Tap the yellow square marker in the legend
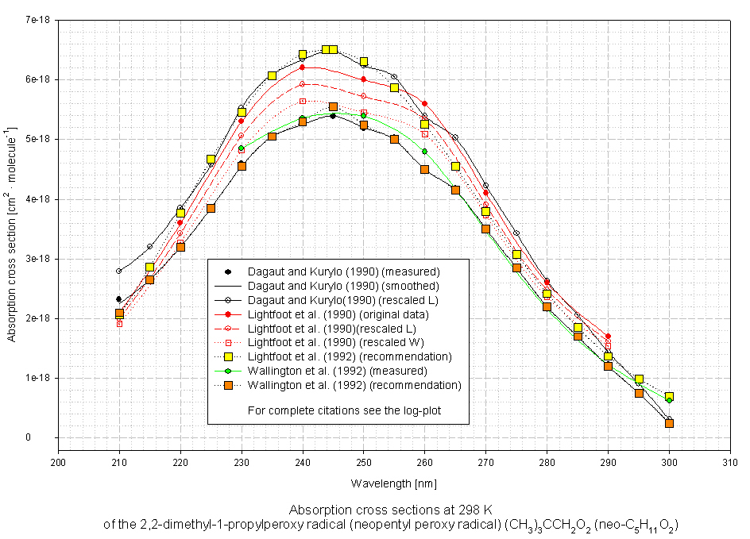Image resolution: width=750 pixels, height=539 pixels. pos(228,356)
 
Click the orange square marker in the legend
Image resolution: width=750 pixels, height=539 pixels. pos(228,385)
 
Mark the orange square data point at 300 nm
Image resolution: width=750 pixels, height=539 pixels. pos(669,423)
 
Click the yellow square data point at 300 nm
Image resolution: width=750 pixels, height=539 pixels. pos(669,396)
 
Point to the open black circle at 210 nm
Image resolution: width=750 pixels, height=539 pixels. pos(119,271)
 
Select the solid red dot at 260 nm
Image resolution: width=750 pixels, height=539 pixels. pos(424,103)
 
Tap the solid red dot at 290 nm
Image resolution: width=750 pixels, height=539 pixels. pos(608,337)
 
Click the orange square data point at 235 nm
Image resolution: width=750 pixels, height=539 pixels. pos(272,137)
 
